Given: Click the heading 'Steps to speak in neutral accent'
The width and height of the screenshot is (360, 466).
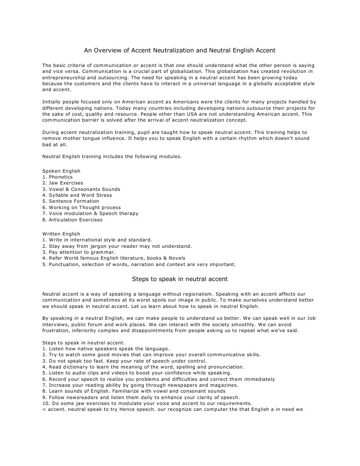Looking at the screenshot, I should (180, 278).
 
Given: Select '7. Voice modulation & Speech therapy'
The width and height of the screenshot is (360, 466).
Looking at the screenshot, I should (90, 213).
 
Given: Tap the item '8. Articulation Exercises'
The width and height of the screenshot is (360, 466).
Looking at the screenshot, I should (72, 220).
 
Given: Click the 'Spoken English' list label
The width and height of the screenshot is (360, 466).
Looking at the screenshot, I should (61, 171).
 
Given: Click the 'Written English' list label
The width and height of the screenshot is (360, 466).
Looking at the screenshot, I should (61, 234).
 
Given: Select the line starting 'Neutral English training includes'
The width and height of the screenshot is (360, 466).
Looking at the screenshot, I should (112, 156).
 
